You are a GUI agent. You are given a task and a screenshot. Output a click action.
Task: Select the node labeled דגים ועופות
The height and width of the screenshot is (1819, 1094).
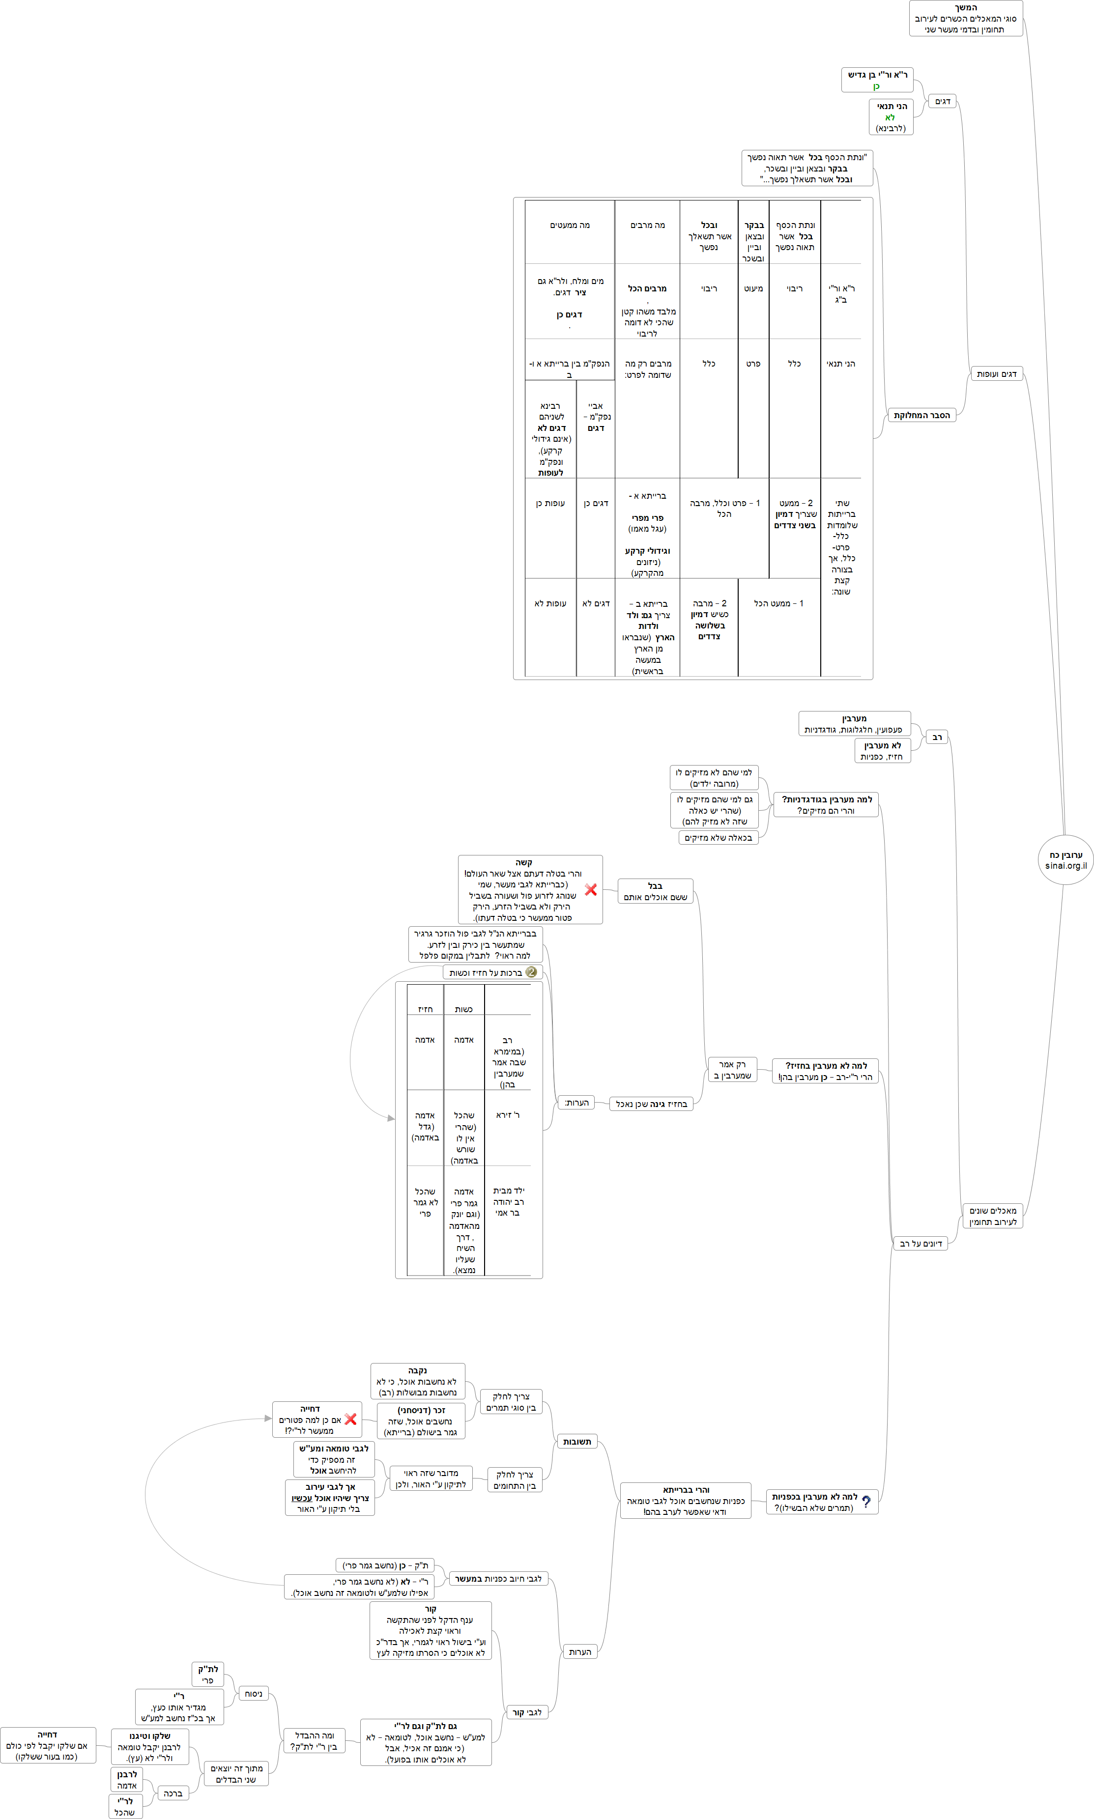point(996,374)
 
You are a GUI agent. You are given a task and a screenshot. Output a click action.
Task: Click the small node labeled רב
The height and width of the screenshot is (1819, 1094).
point(937,737)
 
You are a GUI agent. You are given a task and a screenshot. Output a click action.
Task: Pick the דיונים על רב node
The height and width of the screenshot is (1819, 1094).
point(920,1243)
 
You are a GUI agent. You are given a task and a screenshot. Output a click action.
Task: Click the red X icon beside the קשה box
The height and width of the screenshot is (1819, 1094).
point(591,889)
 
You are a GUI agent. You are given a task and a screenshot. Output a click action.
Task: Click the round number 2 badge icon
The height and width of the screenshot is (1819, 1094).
point(531,972)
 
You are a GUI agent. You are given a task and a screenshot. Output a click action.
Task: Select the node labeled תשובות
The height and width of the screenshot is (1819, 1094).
point(576,1442)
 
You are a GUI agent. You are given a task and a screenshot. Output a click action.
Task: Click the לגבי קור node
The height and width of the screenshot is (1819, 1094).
point(527,1712)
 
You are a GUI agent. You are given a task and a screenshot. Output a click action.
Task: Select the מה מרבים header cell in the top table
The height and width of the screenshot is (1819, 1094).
point(647,226)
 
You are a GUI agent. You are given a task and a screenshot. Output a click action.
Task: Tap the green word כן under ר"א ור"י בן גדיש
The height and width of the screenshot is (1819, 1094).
point(876,86)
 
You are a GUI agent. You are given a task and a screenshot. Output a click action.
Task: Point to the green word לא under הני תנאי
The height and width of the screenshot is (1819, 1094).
point(890,117)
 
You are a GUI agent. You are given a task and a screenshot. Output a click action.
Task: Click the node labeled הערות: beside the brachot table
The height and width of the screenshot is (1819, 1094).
point(576,1103)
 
